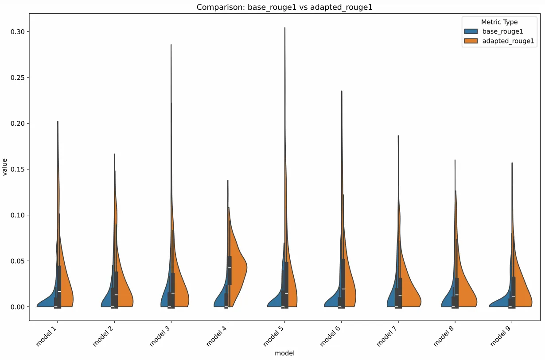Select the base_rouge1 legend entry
[x=500, y=31]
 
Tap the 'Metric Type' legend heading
[x=499, y=22]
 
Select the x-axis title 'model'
[x=284, y=353]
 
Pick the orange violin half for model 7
[x=410, y=297]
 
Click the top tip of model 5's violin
[x=284, y=28]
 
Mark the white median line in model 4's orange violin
[x=230, y=268]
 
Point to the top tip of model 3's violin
[x=171, y=45]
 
